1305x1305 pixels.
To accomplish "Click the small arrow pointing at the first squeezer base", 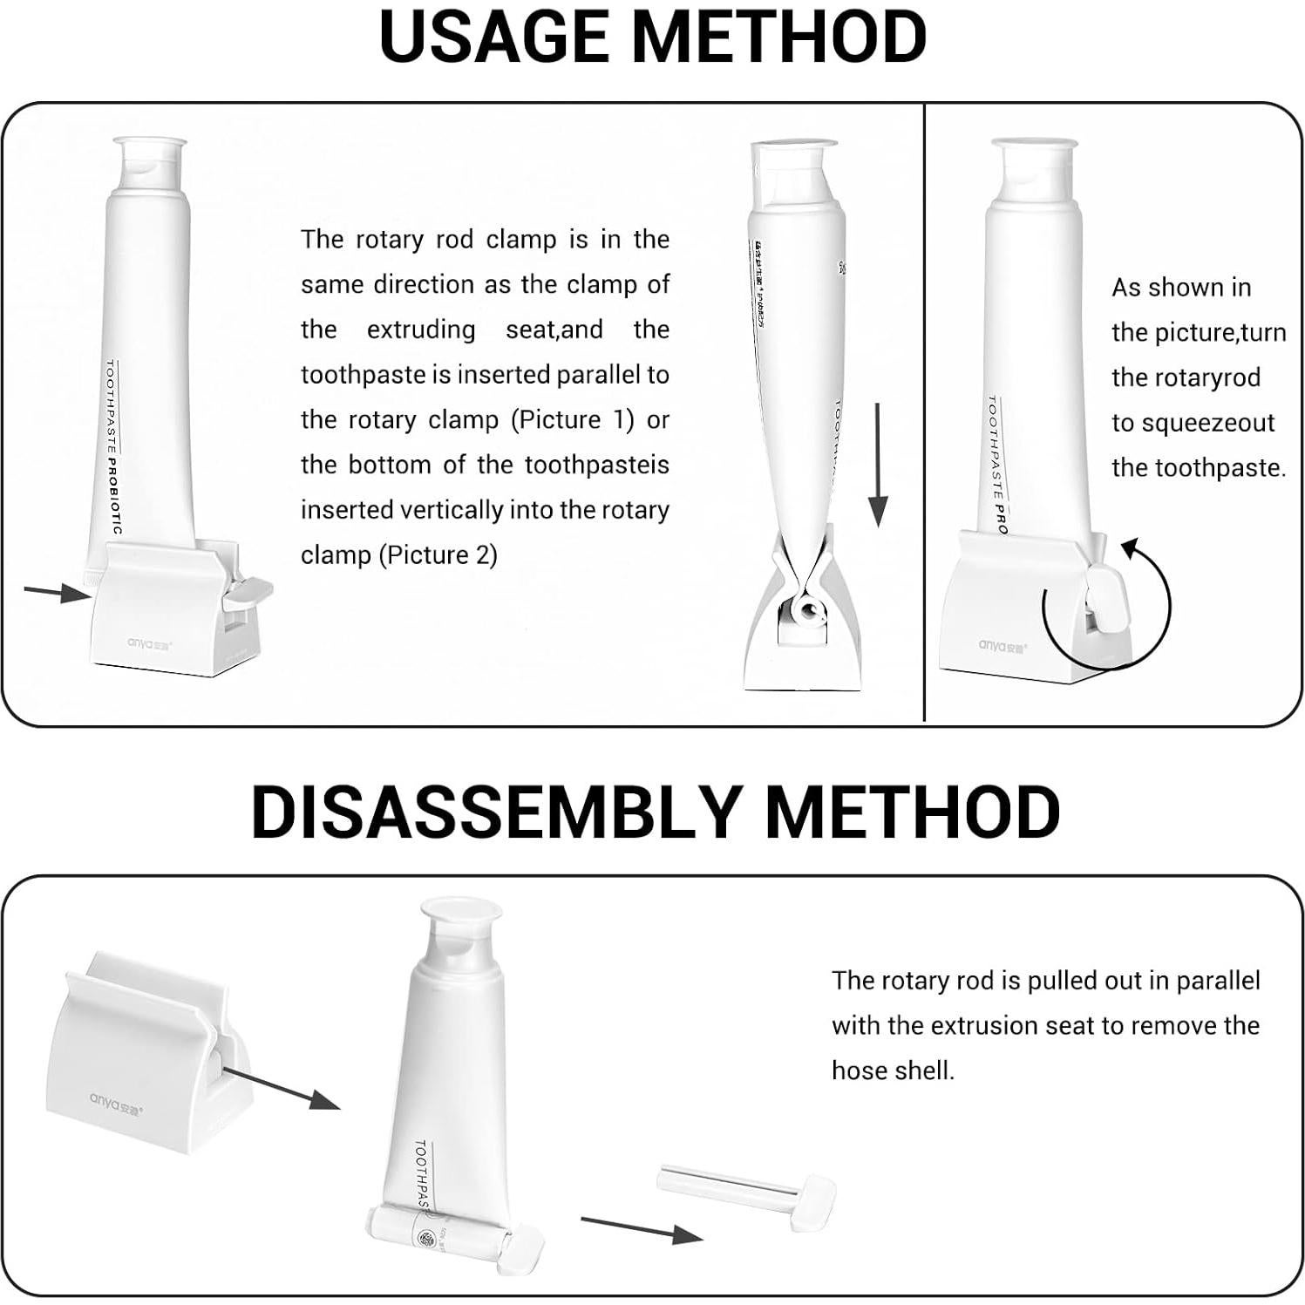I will click(x=57, y=593).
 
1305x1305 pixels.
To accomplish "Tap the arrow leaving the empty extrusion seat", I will click(x=279, y=1087).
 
